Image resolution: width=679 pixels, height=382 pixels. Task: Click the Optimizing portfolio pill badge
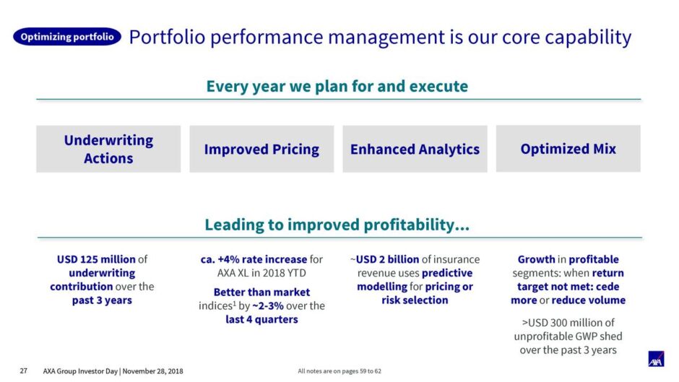[67, 37]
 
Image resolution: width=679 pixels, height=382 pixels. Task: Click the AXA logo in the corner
[656, 359]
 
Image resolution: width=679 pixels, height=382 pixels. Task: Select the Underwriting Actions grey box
[108, 149]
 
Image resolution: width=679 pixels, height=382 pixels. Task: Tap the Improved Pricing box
[261, 149]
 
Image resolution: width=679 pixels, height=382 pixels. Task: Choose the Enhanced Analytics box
[415, 149]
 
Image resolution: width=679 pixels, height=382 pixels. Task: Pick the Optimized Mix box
[568, 149]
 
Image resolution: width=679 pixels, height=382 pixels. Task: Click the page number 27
[23, 370]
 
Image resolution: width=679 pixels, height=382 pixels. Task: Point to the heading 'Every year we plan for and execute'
[337, 86]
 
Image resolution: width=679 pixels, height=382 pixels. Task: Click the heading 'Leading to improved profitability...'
[337, 225]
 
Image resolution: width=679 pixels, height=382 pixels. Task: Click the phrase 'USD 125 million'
[96, 259]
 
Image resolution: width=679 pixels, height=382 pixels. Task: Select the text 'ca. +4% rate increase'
[254, 259]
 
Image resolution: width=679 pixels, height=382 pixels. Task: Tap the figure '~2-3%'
[267, 305]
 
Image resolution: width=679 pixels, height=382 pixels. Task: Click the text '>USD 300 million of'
[568, 323]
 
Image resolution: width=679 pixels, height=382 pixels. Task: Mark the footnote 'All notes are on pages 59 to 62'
[339, 371]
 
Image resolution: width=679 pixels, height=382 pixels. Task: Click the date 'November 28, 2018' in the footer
[152, 371]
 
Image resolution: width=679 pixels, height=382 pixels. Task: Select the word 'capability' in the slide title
[588, 38]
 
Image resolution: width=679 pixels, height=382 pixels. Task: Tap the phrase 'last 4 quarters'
[261, 320]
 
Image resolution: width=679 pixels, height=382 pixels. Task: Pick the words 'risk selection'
[415, 300]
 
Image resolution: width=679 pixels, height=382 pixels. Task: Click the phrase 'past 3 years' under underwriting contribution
[102, 300]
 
